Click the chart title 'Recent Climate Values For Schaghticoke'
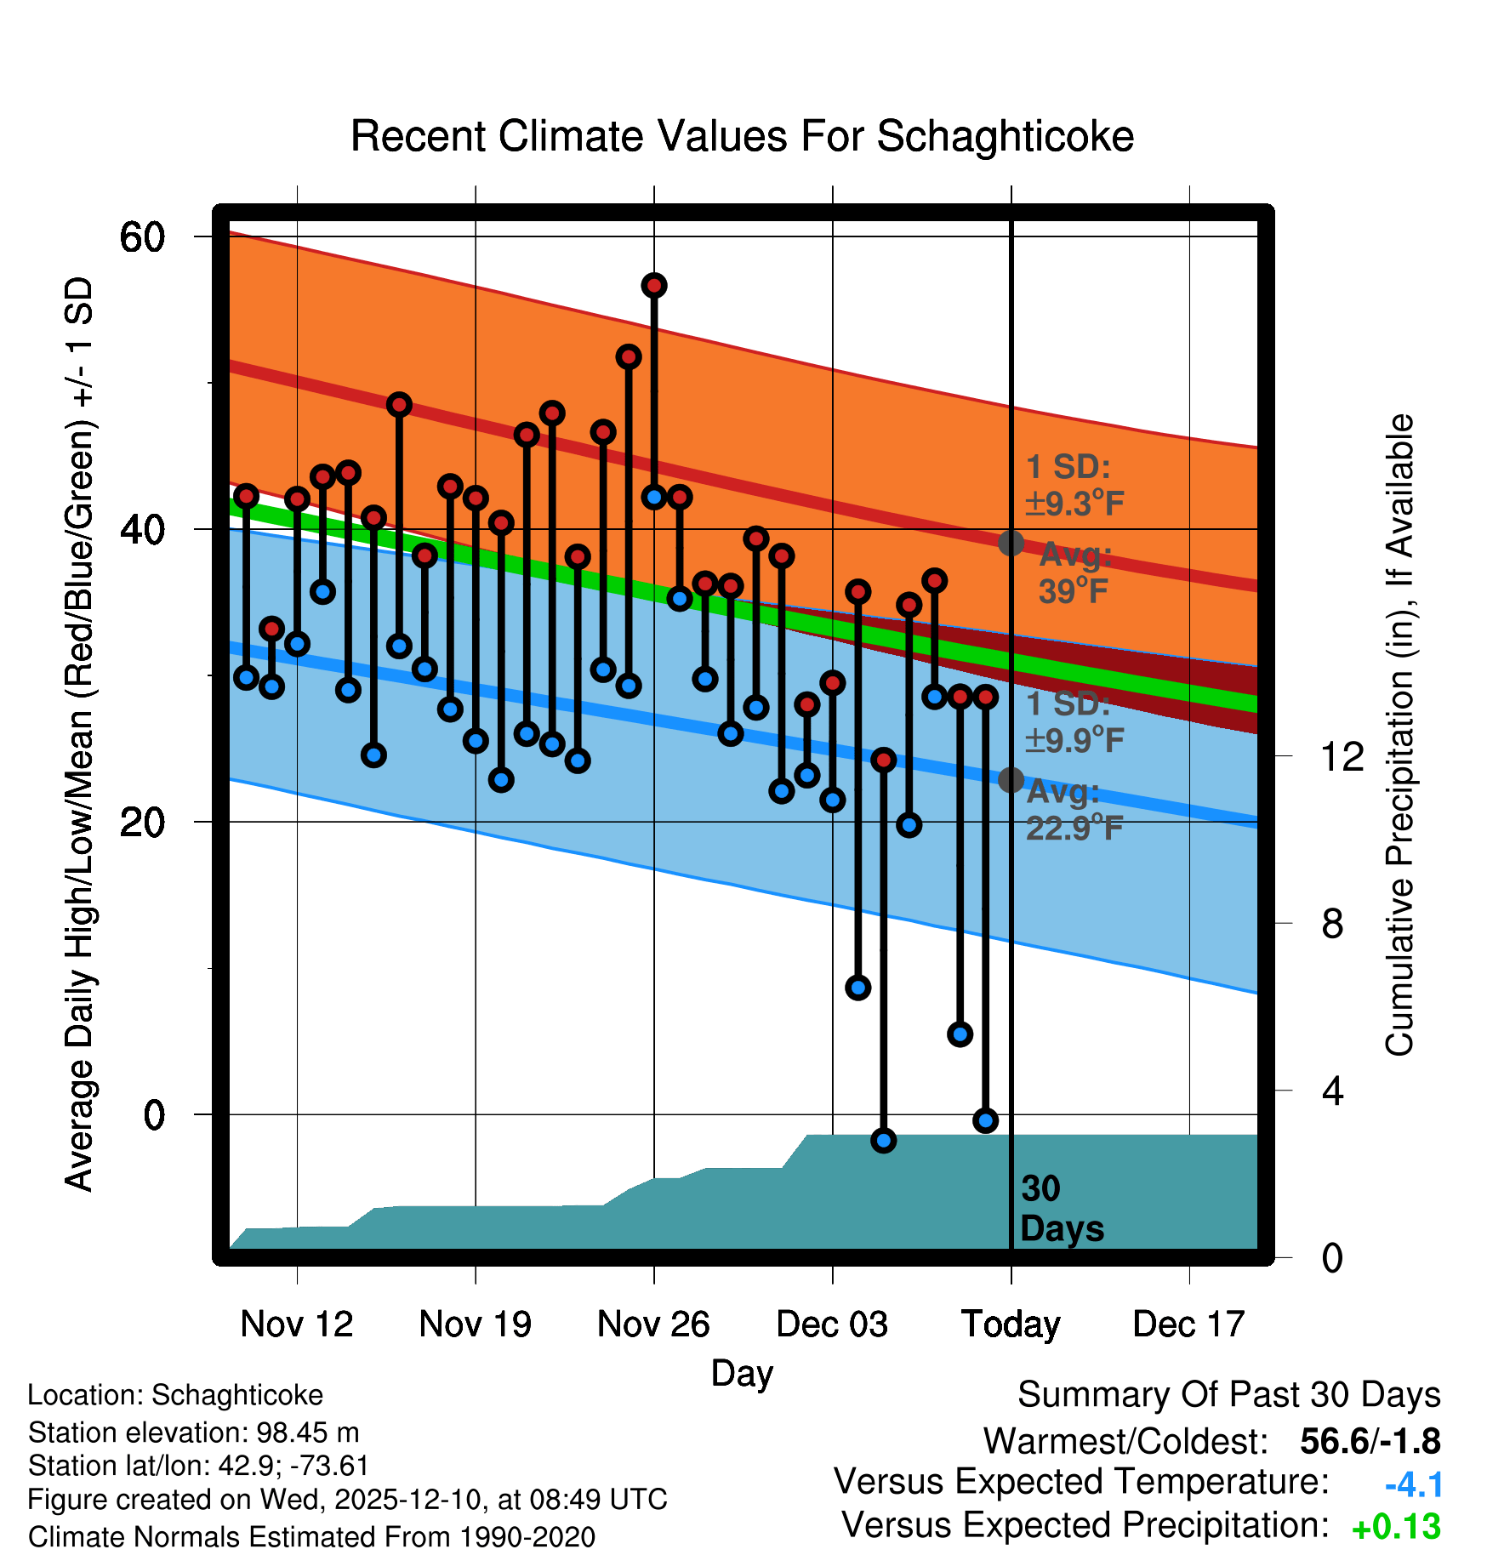pyautogui.click(x=742, y=136)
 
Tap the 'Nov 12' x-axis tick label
pyautogui.click(x=296, y=1324)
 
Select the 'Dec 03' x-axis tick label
pyautogui.click(x=832, y=1324)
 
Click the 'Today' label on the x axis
pyautogui.click(x=1011, y=1324)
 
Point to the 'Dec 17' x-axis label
pyautogui.click(x=1188, y=1324)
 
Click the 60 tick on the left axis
pyautogui.click(x=142, y=236)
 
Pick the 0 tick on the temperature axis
pyautogui.click(x=154, y=1114)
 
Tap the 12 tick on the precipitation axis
pyautogui.click(x=1342, y=755)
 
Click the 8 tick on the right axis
pyautogui.click(x=1332, y=923)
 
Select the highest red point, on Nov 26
pyautogui.click(x=654, y=286)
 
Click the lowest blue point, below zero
pyautogui.click(x=884, y=1141)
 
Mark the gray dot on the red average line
pyautogui.click(x=1011, y=543)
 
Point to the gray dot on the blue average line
pyautogui.click(x=1011, y=779)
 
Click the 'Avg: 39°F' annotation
pyautogui.click(x=1074, y=572)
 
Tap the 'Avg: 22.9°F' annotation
pyautogui.click(x=1074, y=810)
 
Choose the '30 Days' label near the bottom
pyautogui.click(x=1061, y=1209)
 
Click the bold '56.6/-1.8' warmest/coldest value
pyautogui.click(x=1370, y=1441)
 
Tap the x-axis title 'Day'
pyautogui.click(x=742, y=1373)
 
